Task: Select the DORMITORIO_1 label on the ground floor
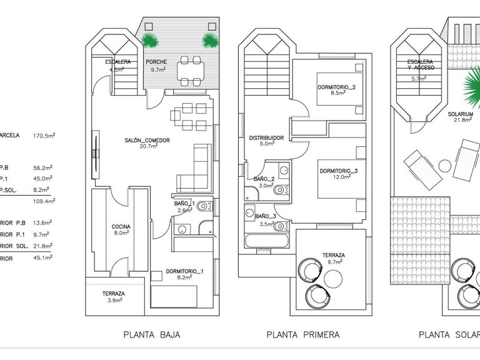[x=184, y=271]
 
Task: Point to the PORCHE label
[x=156, y=62]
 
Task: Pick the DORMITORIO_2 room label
[x=336, y=87]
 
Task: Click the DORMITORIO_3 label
[x=338, y=171]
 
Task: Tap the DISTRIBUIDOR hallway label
[x=267, y=137]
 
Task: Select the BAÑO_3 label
[x=266, y=216]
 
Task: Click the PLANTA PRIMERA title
[x=303, y=334]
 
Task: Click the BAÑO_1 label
[x=184, y=204]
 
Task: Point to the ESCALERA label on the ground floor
[x=117, y=62]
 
